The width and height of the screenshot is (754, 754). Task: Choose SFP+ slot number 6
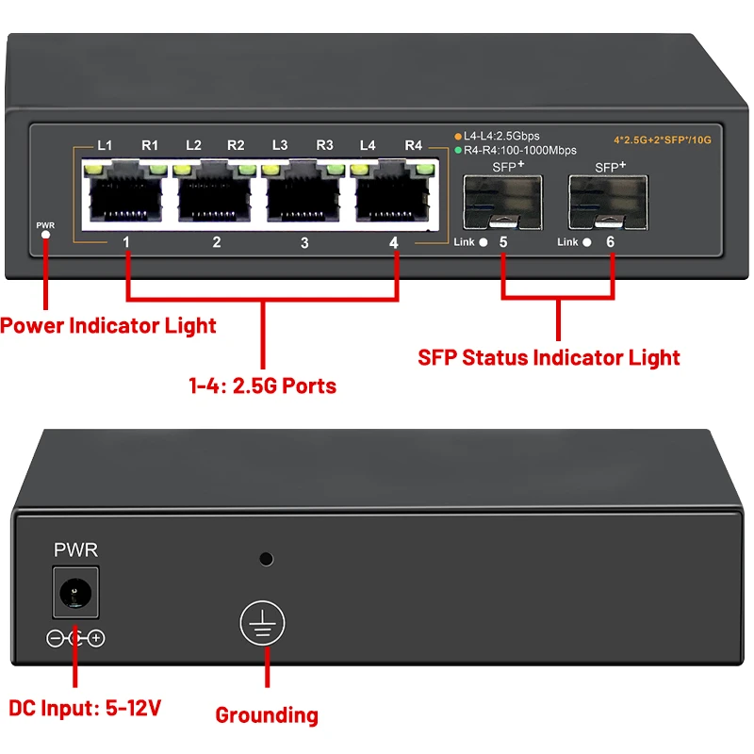(608, 200)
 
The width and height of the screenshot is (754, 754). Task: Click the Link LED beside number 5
(484, 243)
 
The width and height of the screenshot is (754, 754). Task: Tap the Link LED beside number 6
(587, 243)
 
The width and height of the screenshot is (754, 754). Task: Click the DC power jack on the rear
(73, 593)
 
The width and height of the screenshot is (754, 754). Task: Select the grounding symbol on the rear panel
(262, 624)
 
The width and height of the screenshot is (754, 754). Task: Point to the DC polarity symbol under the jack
(75, 639)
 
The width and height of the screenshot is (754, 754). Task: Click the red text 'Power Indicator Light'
(108, 326)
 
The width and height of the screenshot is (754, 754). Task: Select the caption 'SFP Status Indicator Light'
(549, 358)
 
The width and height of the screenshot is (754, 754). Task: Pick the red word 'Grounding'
(267, 714)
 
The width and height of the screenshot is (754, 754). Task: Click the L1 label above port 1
(105, 145)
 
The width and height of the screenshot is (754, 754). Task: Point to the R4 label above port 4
(413, 145)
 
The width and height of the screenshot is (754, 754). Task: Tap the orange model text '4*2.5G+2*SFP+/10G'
(662, 139)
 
